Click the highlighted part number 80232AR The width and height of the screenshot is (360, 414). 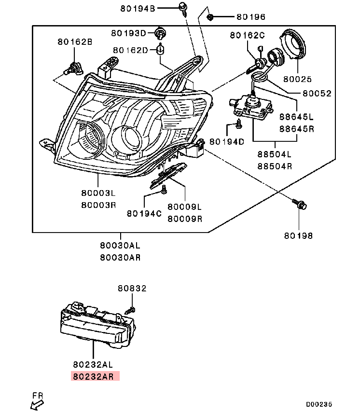click(93, 376)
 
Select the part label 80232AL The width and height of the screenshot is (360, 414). click(93, 364)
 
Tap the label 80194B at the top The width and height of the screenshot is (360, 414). click(138, 9)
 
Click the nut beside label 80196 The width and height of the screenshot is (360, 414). click(210, 17)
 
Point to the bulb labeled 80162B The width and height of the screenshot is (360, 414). click(73, 68)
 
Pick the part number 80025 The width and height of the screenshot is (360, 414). click(297, 79)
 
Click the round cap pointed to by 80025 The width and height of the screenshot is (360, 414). click(292, 44)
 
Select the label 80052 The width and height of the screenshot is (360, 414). click(317, 93)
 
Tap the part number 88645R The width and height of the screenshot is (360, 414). click(297, 129)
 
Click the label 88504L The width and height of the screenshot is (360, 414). click(275, 154)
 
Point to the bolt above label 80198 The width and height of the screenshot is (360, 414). click(300, 204)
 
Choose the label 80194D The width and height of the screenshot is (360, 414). click(227, 142)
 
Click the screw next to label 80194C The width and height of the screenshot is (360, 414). click(164, 190)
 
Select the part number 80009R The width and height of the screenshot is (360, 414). click(185, 219)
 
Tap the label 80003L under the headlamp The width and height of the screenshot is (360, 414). click(98, 193)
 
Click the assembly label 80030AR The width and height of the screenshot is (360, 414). click(120, 258)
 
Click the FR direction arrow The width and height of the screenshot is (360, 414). click(37, 405)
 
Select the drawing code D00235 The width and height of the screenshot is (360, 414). click(319, 404)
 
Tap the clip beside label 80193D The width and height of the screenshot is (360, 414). click(160, 33)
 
